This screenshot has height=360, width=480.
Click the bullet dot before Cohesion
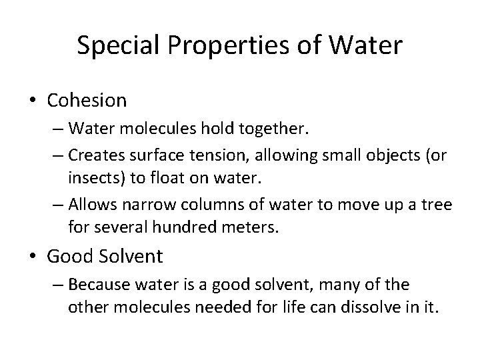tap(32, 101)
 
